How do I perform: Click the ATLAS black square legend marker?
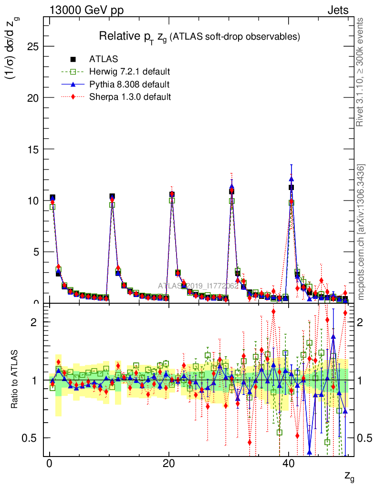(73, 60)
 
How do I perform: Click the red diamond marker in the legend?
(73, 97)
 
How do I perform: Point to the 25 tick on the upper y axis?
(32, 46)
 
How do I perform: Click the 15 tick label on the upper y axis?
(32, 149)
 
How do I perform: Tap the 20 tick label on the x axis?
(168, 465)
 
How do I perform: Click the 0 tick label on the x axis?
(49, 465)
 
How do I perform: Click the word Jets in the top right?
(337, 10)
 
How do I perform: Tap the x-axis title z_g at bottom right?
(349, 476)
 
